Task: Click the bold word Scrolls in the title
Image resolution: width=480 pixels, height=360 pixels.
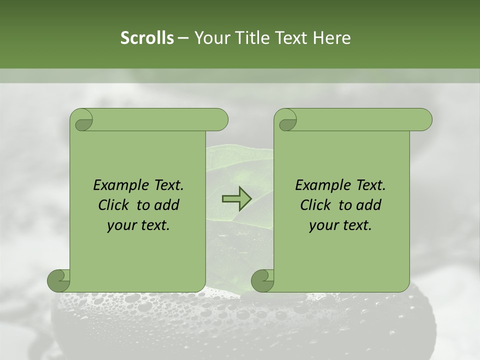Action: (x=147, y=38)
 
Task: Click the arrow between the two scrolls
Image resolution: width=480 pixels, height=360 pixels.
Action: (x=236, y=198)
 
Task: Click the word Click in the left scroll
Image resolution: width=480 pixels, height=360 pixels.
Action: (x=114, y=205)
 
